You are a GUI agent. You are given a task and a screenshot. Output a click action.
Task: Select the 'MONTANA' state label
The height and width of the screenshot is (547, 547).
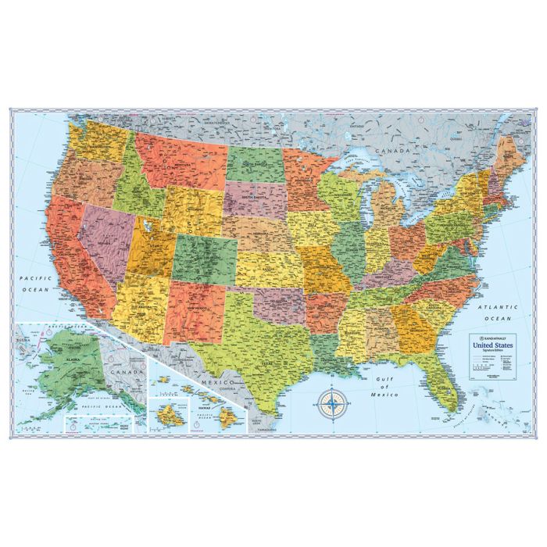pos(181,165)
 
